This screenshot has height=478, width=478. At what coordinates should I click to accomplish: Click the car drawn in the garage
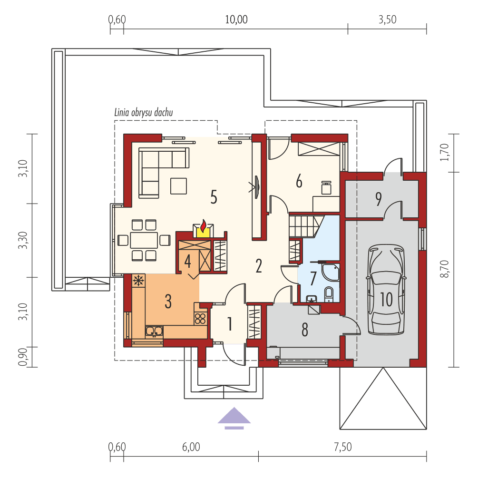pyautogui.click(x=386, y=290)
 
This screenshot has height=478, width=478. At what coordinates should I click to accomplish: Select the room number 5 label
pyautogui.click(x=214, y=196)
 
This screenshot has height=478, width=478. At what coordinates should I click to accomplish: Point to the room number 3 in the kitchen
pyautogui.click(x=168, y=301)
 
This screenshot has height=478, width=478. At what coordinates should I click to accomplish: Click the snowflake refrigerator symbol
pyautogui.click(x=139, y=281)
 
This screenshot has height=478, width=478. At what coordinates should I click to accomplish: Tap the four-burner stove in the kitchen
pyautogui.click(x=200, y=318)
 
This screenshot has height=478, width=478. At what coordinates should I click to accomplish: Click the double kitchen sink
pyautogui.click(x=155, y=331)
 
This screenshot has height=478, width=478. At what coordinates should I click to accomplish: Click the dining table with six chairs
pyautogui.click(x=144, y=240)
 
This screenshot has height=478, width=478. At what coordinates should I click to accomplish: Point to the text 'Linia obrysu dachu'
pyautogui.click(x=144, y=113)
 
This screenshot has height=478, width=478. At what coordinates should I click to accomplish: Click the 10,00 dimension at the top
pyautogui.click(x=236, y=20)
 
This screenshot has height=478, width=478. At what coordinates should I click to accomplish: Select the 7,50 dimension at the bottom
pyautogui.click(x=342, y=447)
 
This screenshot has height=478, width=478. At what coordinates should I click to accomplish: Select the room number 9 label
pyautogui.click(x=378, y=199)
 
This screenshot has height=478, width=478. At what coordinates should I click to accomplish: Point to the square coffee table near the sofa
pyautogui.click(x=179, y=185)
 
